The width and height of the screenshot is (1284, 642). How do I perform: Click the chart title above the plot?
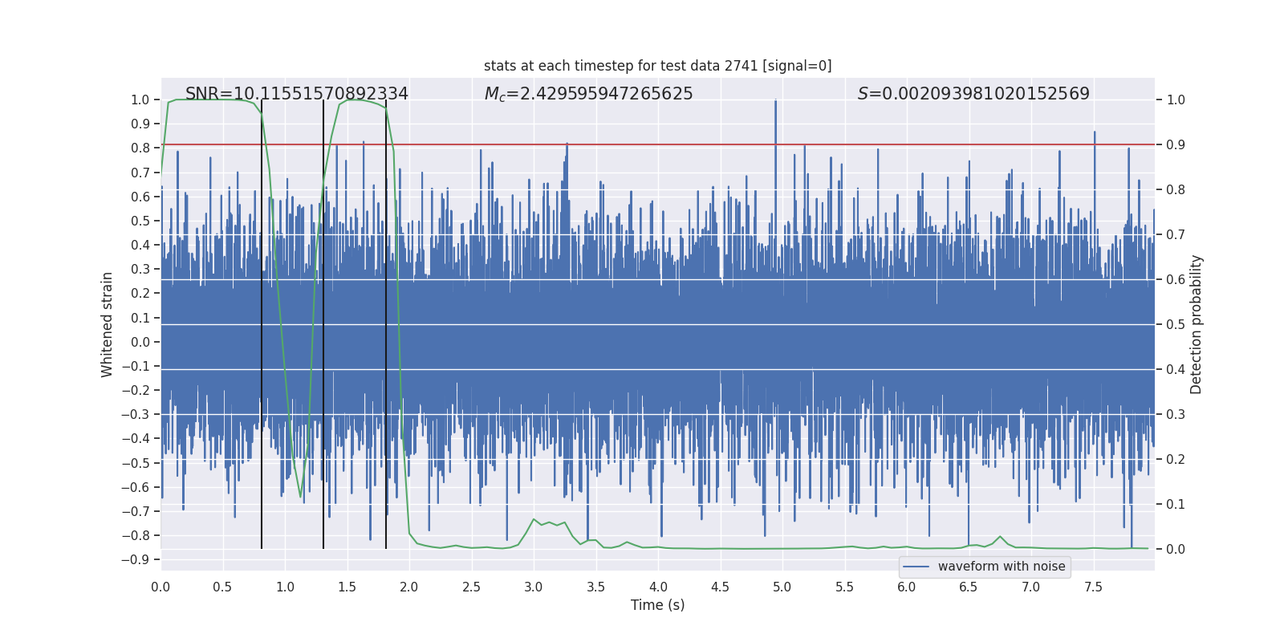click(x=657, y=66)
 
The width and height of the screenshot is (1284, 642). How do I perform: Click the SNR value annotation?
click(x=296, y=94)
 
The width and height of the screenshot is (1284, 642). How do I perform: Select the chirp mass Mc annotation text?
click(x=588, y=94)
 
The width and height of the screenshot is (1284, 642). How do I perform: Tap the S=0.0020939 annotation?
click(x=973, y=94)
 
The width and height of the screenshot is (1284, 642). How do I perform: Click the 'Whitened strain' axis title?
click(x=107, y=324)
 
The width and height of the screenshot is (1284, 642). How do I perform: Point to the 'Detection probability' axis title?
click(x=1196, y=324)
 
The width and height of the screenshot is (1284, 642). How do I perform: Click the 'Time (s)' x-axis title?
click(x=657, y=605)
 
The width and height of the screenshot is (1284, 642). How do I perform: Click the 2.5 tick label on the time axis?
click(x=471, y=587)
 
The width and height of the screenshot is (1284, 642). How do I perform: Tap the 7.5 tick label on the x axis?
click(x=1093, y=587)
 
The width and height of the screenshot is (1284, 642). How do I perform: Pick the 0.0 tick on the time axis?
click(x=160, y=587)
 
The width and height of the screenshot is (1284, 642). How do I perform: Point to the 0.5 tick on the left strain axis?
click(x=140, y=221)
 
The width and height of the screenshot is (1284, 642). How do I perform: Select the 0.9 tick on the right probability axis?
click(x=1176, y=145)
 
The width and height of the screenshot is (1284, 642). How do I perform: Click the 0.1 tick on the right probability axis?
click(x=1176, y=505)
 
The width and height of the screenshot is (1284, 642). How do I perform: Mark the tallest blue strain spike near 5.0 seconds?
click(x=775, y=102)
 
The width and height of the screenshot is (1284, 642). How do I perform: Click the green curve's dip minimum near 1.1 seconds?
click(x=301, y=497)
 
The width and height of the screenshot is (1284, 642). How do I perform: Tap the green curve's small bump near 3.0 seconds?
click(x=534, y=519)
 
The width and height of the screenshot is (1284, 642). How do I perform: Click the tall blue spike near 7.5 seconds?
click(x=1095, y=133)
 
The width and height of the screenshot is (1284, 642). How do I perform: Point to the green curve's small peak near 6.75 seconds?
click(x=1000, y=536)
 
